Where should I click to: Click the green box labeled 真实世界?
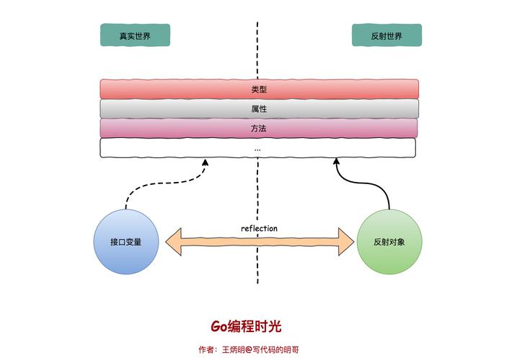(135, 35)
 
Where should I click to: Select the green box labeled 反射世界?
(387, 35)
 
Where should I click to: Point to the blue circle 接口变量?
(125, 242)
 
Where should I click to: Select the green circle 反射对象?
(389, 242)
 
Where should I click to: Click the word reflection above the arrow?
(259, 229)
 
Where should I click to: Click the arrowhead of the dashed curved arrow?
(205, 162)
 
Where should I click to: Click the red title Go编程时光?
(246, 326)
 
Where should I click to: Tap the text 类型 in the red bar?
(259, 89)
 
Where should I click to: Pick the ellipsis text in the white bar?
(257, 148)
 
